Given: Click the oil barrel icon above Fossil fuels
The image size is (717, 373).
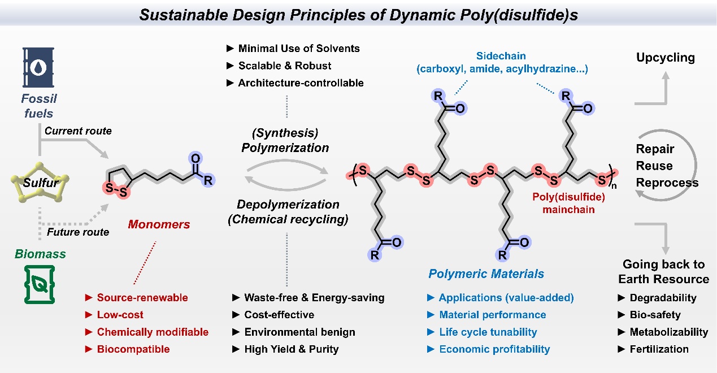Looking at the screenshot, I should pos(39,67).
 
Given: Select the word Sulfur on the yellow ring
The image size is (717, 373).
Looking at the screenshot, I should pos(39,183).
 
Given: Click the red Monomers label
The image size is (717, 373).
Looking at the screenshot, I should pos(159,224).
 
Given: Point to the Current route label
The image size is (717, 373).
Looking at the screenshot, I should pos(78,131).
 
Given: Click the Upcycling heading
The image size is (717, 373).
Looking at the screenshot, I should pos(666,58).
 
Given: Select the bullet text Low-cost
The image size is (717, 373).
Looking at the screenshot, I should pos(120,314).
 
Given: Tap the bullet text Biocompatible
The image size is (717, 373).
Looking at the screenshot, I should pos(133,349).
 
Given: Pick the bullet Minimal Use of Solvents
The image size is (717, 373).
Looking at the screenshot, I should pos(299,49).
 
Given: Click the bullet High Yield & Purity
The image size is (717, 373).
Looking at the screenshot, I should pos(291,349).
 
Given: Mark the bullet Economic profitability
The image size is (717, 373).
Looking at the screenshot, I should pos(494,349).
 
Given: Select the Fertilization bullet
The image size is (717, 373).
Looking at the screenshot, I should pos(659,349).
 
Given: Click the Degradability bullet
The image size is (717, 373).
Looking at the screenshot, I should pos(663,297).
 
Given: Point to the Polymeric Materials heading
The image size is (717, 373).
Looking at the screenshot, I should pos(486,274).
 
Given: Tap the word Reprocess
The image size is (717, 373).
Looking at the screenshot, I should pos(667,183).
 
